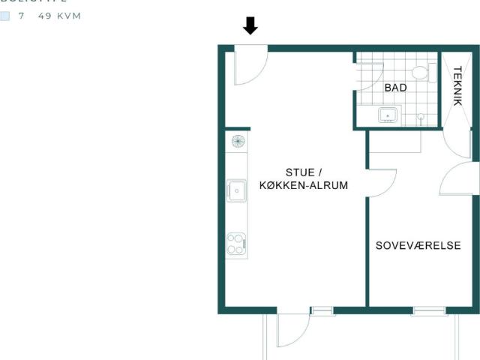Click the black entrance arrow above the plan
coord(250,26)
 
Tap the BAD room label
coord(395,88)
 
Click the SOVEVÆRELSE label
coord(418,246)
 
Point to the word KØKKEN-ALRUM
coord(304,185)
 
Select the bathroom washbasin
coord(388,115)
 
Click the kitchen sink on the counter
coord(237,190)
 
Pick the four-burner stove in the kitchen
coord(237,244)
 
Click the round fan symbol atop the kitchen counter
coord(237,140)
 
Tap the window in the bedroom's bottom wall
coord(429,310)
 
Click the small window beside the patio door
coord(322,310)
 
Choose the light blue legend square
coord(5,16)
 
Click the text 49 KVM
coord(59,16)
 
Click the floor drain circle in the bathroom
coord(421,117)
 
